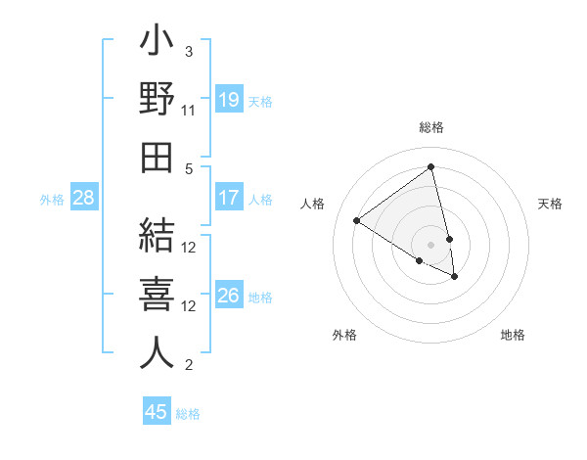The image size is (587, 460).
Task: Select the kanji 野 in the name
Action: tap(157, 101)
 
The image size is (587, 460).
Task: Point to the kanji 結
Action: tap(157, 239)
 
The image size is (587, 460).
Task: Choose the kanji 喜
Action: tap(157, 297)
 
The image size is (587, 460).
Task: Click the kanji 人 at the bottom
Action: tap(157, 353)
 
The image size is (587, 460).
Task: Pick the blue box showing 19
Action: tap(229, 99)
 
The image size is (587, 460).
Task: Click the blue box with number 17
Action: tap(229, 198)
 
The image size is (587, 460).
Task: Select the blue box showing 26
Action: tap(229, 296)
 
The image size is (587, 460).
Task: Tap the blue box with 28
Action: tap(84, 198)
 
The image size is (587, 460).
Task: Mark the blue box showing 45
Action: tap(157, 412)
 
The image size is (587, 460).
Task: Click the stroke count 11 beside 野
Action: tap(190, 111)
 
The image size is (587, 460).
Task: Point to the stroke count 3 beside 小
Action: tap(189, 51)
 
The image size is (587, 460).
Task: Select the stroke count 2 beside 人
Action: tap(189, 365)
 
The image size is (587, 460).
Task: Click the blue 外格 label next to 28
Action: tap(52, 200)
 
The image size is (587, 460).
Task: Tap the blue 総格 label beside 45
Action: tap(188, 414)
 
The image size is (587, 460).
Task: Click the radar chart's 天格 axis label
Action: tap(551, 204)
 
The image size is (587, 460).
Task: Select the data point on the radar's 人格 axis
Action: tap(357, 220)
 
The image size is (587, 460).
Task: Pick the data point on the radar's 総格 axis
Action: tap(430, 167)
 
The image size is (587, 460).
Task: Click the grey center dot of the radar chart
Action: tap(430, 244)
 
